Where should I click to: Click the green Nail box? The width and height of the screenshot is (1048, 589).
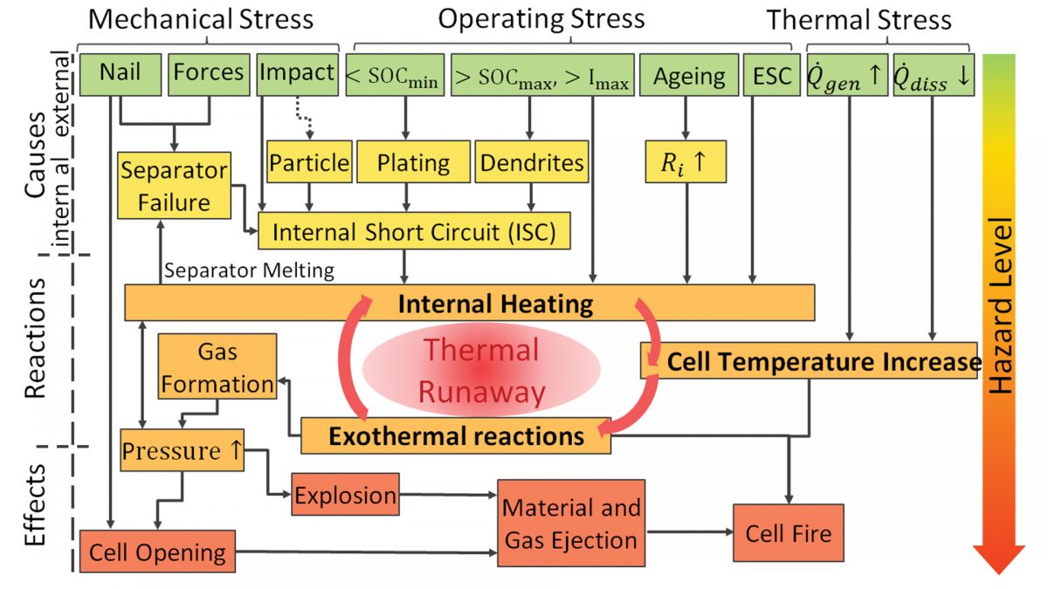(120, 74)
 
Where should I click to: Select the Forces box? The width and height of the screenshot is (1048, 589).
(208, 74)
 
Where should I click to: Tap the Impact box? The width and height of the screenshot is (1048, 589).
(297, 74)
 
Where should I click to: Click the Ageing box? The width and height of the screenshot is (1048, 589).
(688, 76)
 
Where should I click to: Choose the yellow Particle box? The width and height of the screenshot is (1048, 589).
(308, 162)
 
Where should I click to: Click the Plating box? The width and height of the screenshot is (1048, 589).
(415, 162)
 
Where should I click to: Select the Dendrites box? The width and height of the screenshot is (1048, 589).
(532, 162)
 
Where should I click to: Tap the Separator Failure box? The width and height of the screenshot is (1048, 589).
(175, 185)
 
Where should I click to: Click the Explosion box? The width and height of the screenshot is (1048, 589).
(345, 496)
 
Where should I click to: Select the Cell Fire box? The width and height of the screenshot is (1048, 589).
(789, 532)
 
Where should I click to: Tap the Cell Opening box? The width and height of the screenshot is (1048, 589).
(157, 551)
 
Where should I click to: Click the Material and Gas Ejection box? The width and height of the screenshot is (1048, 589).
(571, 524)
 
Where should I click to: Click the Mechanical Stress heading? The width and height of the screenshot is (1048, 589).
(201, 19)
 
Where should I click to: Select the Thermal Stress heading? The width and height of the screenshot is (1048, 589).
(858, 19)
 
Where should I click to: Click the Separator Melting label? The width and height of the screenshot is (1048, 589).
(249, 271)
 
